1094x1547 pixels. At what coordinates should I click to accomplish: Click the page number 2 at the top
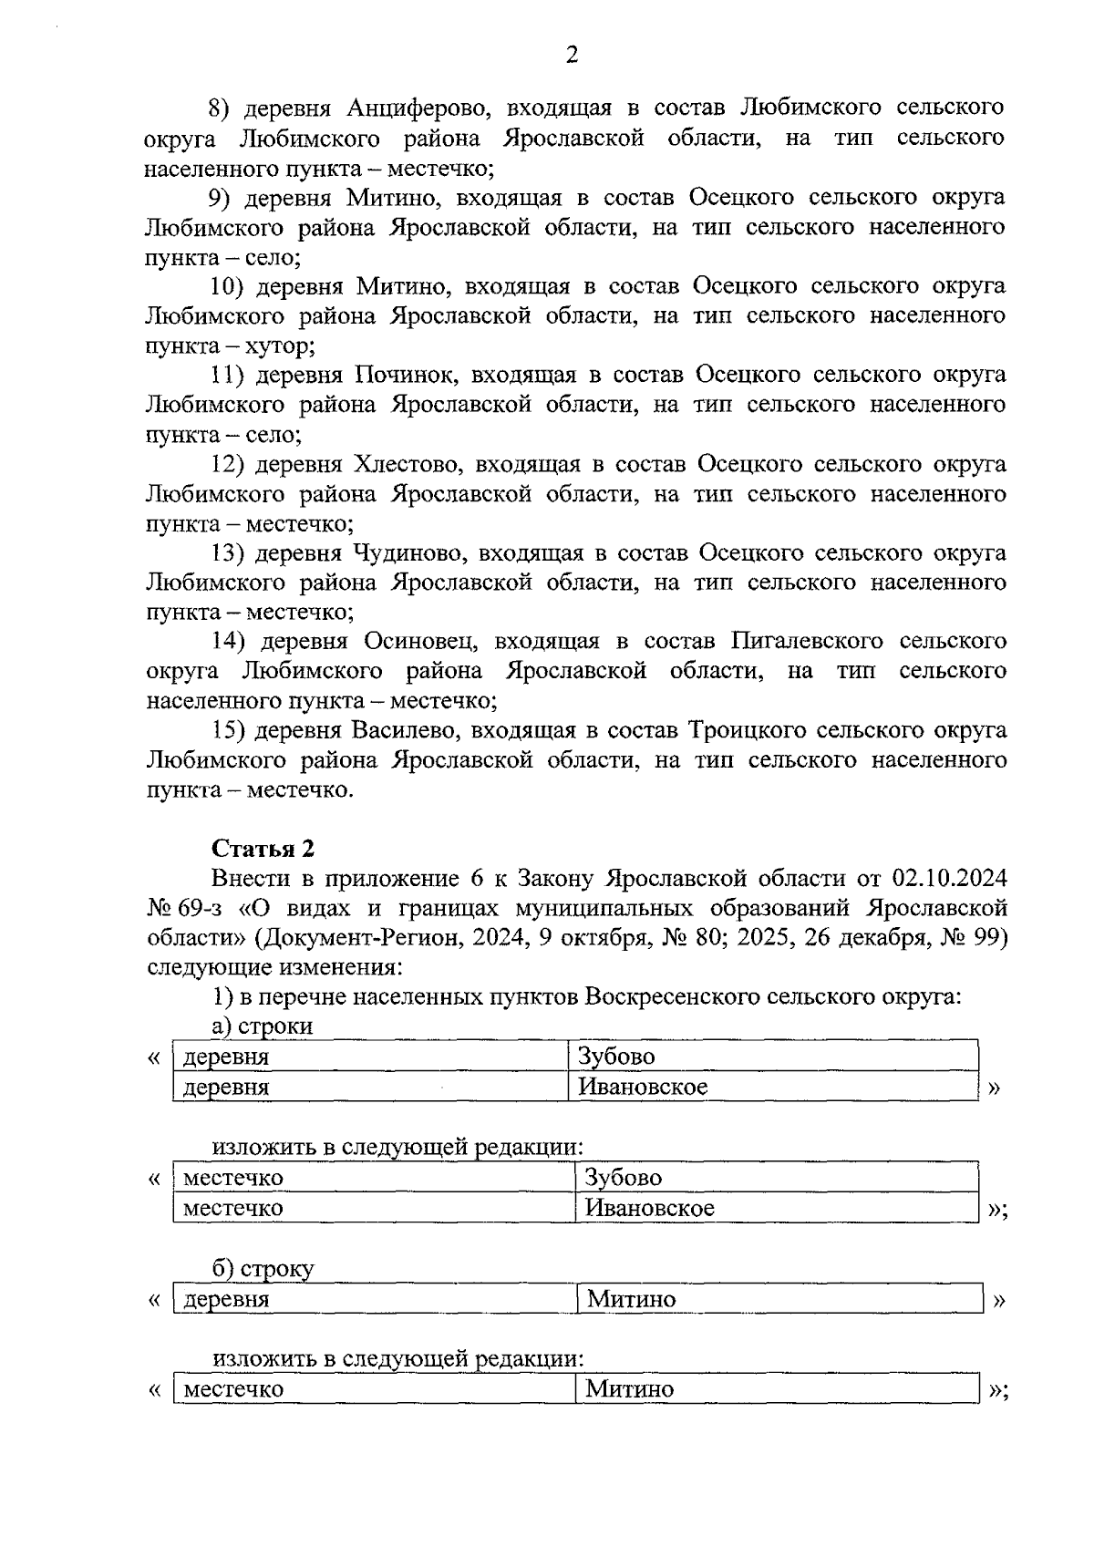(x=572, y=57)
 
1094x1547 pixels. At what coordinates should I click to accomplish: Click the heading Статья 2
(x=263, y=849)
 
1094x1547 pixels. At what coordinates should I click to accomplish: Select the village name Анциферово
(x=419, y=108)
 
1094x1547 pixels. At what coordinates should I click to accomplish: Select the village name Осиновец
(x=418, y=642)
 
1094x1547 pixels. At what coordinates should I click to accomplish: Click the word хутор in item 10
(x=280, y=346)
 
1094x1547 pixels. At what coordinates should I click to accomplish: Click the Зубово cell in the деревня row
(x=616, y=1057)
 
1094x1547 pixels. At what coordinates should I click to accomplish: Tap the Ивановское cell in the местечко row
(x=649, y=1208)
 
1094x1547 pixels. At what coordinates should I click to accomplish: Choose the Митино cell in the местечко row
(x=630, y=1389)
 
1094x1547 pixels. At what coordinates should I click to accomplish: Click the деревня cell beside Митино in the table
(x=227, y=1299)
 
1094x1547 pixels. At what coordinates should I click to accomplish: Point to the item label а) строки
(x=263, y=1026)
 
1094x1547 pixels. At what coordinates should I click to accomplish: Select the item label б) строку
(x=263, y=1269)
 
